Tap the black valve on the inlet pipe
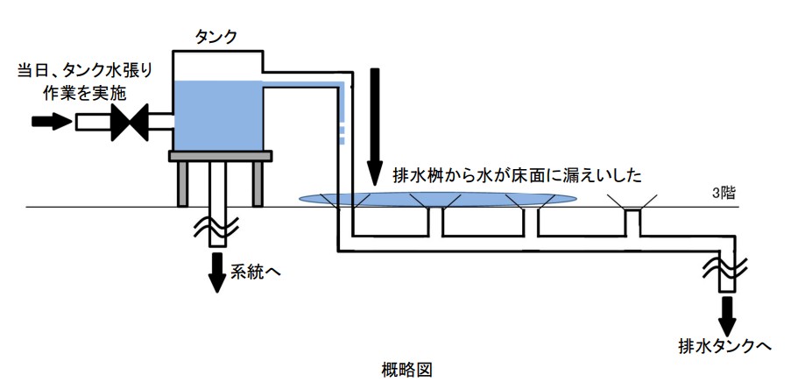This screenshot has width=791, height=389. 129,122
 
